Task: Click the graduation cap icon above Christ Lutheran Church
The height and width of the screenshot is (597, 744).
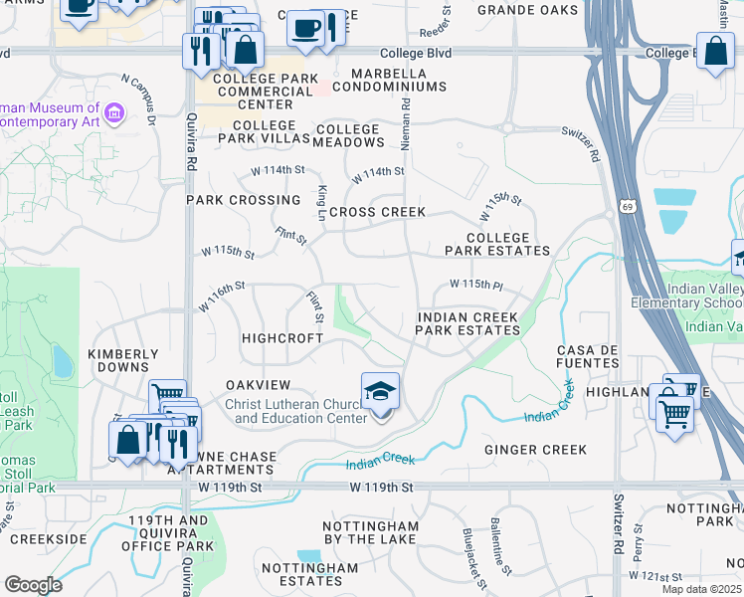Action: tap(380, 391)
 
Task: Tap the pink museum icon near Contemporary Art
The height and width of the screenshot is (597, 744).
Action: tap(112, 114)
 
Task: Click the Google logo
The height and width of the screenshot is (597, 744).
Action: tap(33, 585)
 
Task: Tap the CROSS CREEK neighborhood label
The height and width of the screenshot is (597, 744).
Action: tap(377, 212)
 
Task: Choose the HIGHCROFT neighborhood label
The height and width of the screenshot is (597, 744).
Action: tap(282, 338)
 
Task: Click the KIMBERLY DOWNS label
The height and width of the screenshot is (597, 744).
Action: tap(123, 360)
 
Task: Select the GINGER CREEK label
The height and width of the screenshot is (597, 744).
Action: tap(535, 451)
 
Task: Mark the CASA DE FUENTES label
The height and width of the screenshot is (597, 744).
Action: tap(589, 357)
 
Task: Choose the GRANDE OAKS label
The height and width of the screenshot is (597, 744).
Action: tap(527, 10)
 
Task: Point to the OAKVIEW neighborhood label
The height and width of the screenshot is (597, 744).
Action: tap(258, 385)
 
